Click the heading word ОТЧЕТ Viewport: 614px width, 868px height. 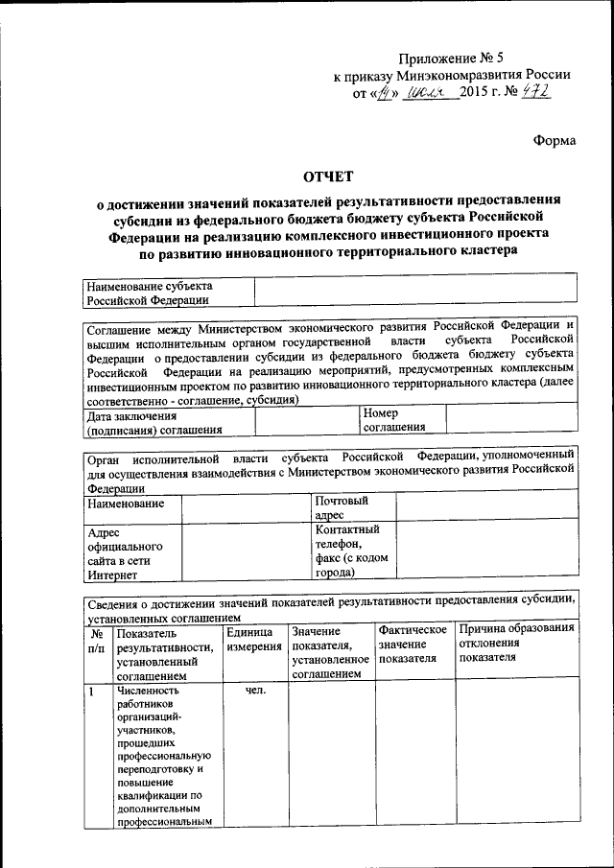329,176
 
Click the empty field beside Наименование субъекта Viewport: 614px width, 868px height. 414,293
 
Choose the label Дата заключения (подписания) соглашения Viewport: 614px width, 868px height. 153,423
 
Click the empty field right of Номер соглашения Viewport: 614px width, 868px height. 511,419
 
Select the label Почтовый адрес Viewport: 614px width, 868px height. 342,507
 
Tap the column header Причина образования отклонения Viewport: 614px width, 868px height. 516,643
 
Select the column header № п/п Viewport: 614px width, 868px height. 97,641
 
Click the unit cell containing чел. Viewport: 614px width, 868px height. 254,691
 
